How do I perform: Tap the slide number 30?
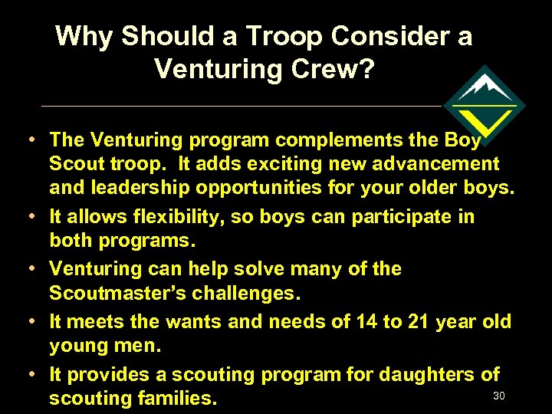point(498,395)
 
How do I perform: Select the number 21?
point(419,322)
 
